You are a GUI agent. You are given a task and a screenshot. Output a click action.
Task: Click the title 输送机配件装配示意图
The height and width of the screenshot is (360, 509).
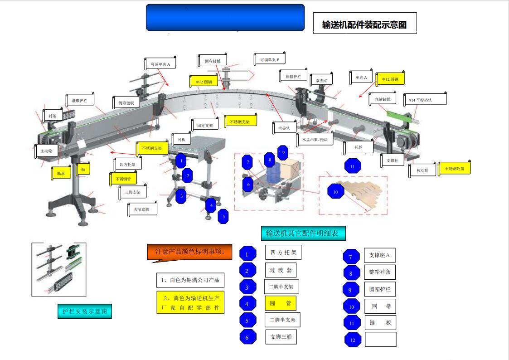click(364, 24)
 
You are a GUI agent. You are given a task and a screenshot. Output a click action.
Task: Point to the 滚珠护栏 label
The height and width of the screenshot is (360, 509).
click(79, 99)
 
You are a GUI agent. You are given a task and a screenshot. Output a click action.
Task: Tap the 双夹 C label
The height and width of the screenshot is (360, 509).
click(321, 81)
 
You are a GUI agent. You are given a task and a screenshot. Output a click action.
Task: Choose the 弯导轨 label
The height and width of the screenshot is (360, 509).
click(284, 128)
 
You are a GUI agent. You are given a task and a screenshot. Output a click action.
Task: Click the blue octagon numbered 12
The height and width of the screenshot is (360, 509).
click(353, 340)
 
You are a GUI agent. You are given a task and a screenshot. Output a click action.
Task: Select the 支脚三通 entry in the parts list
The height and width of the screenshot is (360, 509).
click(281, 336)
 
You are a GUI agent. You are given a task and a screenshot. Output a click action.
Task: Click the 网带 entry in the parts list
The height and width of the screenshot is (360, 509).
click(380, 306)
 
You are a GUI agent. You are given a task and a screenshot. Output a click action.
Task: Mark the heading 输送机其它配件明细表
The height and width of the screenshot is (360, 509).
click(302, 234)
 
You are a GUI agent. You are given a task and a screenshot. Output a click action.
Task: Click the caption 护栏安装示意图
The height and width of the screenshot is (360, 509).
click(85, 311)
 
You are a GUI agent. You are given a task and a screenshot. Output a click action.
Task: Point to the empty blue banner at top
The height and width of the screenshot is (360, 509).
click(225, 18)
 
